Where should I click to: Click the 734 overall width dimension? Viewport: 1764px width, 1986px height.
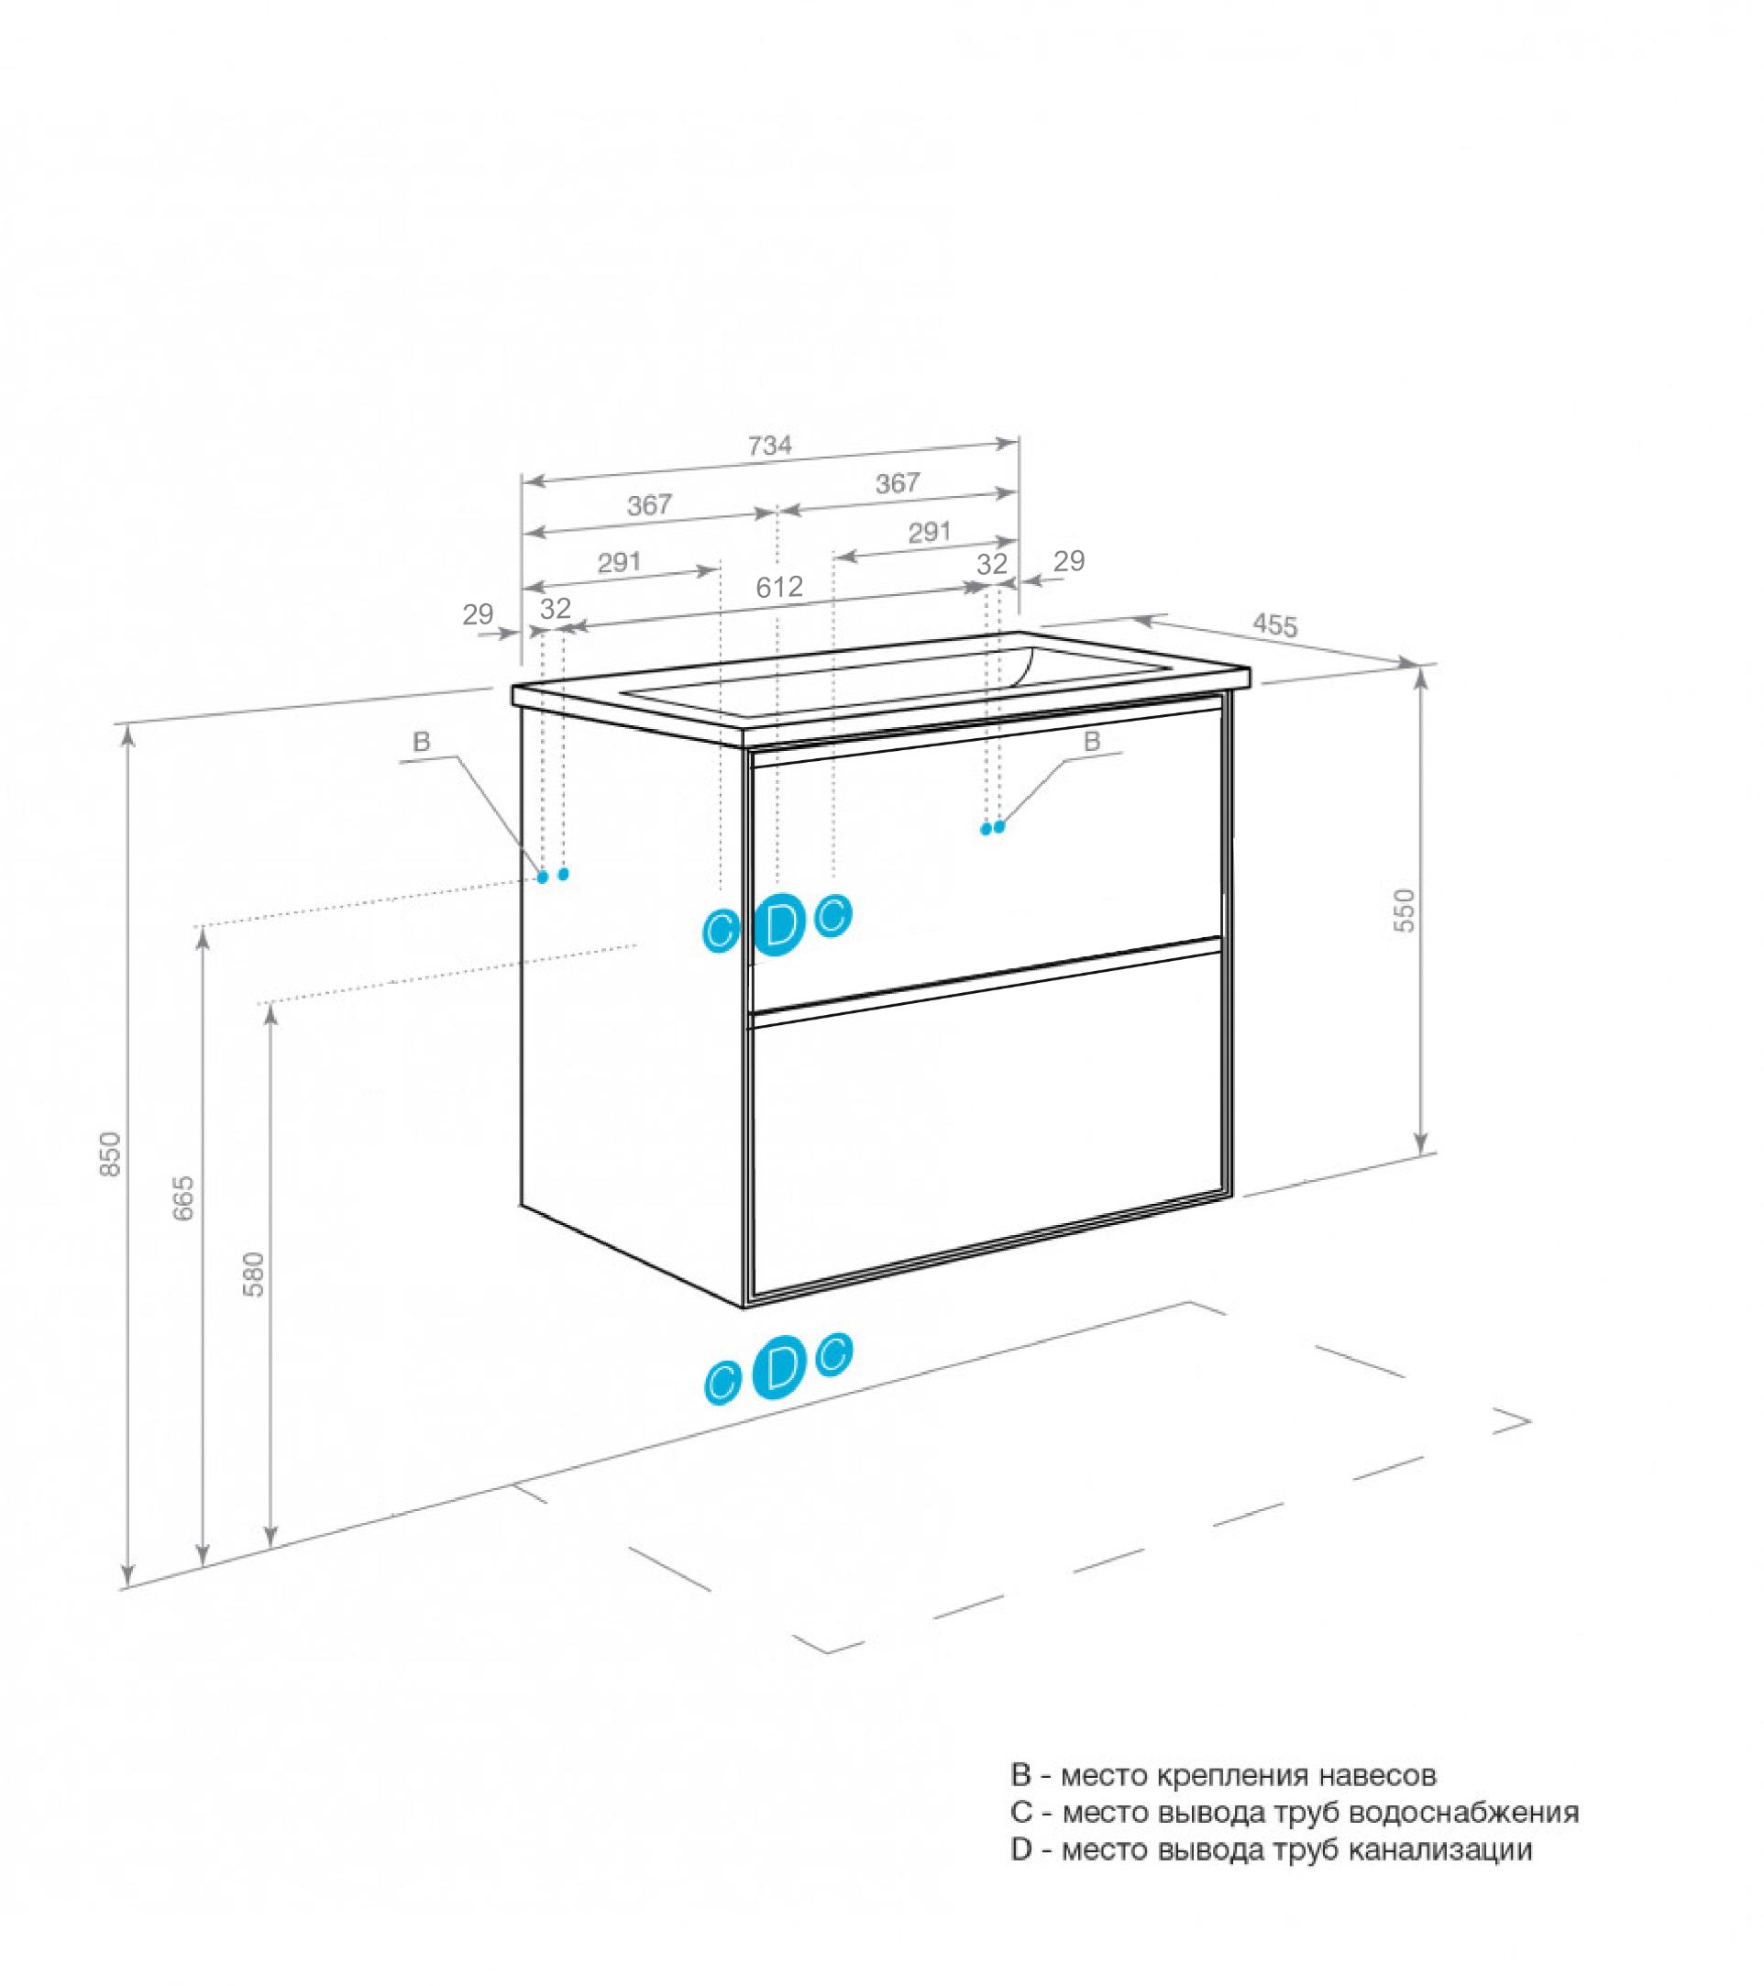coord(769,446)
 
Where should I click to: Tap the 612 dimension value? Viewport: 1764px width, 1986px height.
coord(780,587)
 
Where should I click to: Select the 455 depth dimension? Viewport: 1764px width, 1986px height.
coord(1273,625)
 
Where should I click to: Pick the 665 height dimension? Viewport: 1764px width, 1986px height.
coord(183,1198)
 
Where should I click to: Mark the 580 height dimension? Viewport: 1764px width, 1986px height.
coord(252,1274)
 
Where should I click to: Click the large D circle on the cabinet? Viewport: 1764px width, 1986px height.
coord(779,924)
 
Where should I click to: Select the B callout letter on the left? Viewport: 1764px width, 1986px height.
coord(421,744)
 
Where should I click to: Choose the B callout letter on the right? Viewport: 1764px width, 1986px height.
coord(1092,743)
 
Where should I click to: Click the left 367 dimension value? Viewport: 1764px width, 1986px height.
coord(649,505)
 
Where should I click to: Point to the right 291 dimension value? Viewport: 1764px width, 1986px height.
coord(929,533)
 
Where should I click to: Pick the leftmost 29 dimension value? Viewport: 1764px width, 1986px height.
coord(478,614)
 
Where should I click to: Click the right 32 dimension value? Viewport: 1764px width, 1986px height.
coord(992,564)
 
